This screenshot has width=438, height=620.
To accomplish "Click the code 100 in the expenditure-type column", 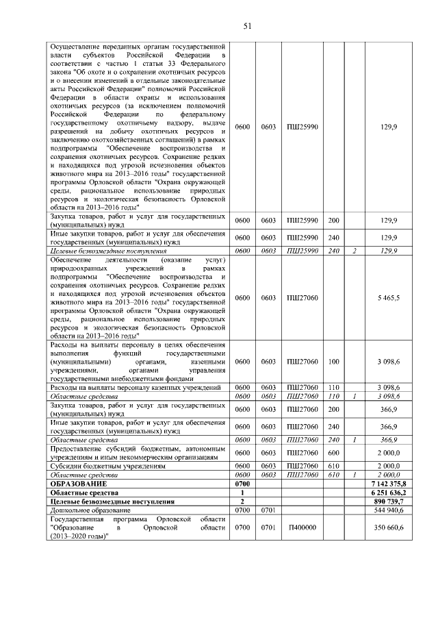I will (334, 361).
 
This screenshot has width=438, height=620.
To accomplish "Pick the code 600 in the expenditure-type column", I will (334, 453).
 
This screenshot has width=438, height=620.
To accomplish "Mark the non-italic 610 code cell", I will (334, 466).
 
